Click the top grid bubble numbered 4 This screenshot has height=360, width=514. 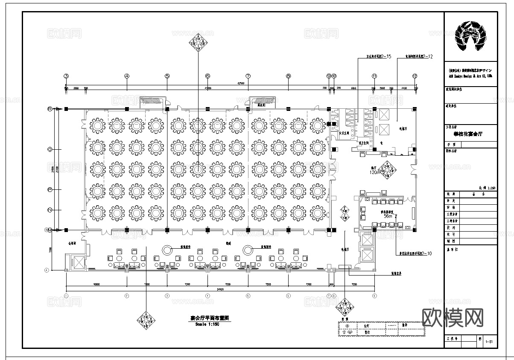(x=127, y=76)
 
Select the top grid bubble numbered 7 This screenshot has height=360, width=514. (x=248, y=76)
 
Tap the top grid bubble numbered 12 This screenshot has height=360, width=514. (x=415, y=76)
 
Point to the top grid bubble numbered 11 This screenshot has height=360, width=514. (x=374, y=76)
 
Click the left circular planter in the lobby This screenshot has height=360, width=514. (x=167, y=250)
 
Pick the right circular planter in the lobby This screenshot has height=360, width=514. (x=248, y=250)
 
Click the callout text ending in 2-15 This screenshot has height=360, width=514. (x=379, y=56)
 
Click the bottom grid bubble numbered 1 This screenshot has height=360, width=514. (x=66, y=296)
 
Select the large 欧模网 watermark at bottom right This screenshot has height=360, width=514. (x=453, y=317)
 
